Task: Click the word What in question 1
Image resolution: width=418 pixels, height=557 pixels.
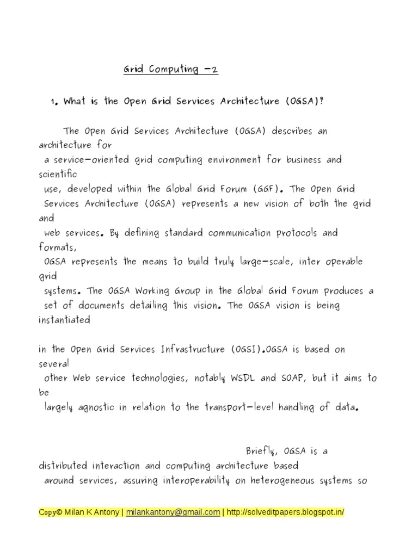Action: click(75, 102)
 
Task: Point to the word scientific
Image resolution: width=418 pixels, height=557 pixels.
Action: click(58, 175)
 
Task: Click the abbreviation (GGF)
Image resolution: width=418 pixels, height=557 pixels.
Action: click(268, 189)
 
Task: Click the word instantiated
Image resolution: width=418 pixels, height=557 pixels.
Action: click(64, 320)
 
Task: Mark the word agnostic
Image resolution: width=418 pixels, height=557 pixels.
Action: click(100, 407)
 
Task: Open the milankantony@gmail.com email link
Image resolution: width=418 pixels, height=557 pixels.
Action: click(173, 512)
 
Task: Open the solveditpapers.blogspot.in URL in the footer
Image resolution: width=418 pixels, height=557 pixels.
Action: click(285, 512)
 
